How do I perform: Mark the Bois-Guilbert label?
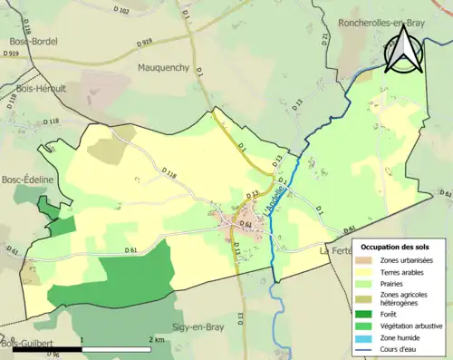[x=25, y=344]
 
